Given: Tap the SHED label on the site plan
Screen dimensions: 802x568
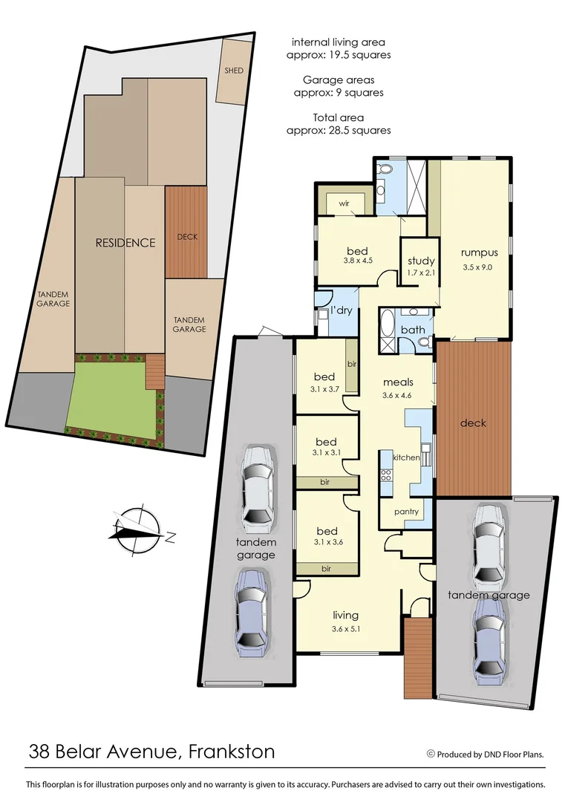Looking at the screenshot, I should click(234, 71).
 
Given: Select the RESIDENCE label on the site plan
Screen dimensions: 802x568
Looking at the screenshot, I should click(125, 243).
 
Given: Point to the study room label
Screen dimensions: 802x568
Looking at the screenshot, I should click(420, 261).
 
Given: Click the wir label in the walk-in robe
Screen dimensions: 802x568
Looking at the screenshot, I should click(344, 203).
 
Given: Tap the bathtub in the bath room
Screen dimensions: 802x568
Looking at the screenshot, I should click(388, 333).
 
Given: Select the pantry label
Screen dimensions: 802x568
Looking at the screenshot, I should click(406, 512).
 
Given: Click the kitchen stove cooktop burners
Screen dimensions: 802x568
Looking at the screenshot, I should click(386, 466).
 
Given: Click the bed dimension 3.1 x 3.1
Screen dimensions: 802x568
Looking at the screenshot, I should click(327, 452).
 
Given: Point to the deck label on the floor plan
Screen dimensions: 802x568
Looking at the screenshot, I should click(473, 423).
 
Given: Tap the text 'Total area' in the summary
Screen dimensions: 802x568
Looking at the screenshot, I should click(339, 117).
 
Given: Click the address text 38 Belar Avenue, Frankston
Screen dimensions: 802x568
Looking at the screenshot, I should click(151, 751).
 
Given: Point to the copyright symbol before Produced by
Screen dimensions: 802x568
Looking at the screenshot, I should click(431, 754).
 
